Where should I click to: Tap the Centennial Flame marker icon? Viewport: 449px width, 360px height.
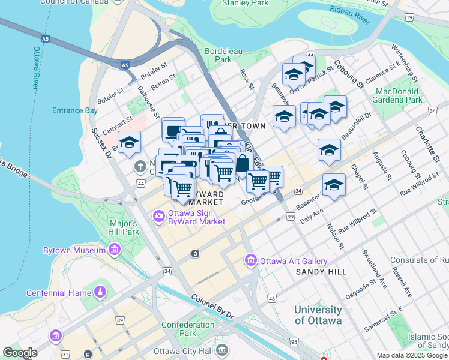[x=100, y=292]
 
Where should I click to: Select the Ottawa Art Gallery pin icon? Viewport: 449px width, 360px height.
[x=250, y=261]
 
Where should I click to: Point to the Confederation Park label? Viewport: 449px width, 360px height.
[x=187, y=329]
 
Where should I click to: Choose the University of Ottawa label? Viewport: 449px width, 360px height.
[x=318, y=315]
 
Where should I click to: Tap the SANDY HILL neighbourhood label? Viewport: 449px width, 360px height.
[x=321, y=272]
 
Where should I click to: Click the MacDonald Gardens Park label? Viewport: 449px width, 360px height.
[x=397, y=95]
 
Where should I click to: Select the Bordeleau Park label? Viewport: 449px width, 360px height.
[x=223, y=55]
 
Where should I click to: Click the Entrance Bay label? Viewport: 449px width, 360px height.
[x=74, y=111]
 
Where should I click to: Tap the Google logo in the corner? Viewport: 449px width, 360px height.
[x=20, y=353]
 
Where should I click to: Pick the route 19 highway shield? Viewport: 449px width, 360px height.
[x=409, y=18]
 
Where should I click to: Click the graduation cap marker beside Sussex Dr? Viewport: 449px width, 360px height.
[x=129, y=143]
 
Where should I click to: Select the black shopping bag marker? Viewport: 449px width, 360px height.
[x=241, y=163]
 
